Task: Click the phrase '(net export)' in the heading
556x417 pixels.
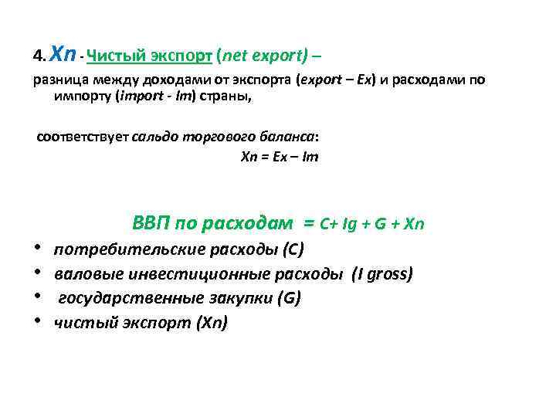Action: click(263, 56)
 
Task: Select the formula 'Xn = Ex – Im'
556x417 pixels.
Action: click(280, 157)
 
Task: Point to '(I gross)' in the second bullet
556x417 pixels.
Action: click(382, 274)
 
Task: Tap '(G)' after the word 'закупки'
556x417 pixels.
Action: click(290, 298)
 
